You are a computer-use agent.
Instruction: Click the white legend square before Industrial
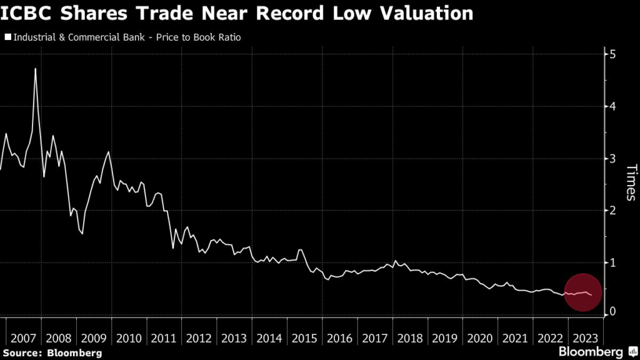tap(7, 37)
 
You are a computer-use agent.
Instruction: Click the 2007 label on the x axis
tap(22, 338)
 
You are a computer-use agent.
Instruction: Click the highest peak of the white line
tap(35, 69)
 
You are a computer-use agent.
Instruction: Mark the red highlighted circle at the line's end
tap(582, 292)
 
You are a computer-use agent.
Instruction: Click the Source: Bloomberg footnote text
tap(51, 353)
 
